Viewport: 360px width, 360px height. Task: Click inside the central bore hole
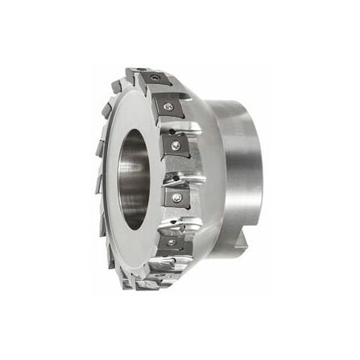pos(134,178)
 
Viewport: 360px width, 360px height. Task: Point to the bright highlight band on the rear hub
pos(240,160)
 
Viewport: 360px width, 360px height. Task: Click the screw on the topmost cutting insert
pos(153,81)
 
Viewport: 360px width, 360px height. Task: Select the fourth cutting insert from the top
pos(177,196)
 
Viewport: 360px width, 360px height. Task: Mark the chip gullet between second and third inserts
pos(186,126)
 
